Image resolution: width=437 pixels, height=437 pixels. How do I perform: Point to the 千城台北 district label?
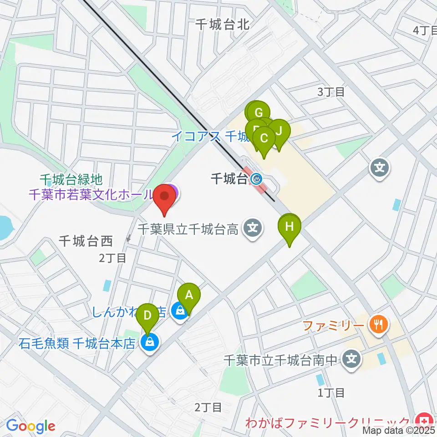(222, 25)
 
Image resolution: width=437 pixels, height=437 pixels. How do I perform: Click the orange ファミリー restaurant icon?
(379, 325)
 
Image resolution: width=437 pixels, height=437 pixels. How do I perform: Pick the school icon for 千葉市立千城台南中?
(351, 358)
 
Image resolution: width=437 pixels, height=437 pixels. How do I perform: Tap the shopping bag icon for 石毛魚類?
(149, 342)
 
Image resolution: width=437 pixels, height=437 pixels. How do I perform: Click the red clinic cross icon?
(425, 420)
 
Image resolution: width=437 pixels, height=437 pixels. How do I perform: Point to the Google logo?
(30, 426)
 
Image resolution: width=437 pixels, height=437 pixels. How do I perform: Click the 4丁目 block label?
(425, 30)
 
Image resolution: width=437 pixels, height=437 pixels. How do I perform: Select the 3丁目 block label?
(330, 91)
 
